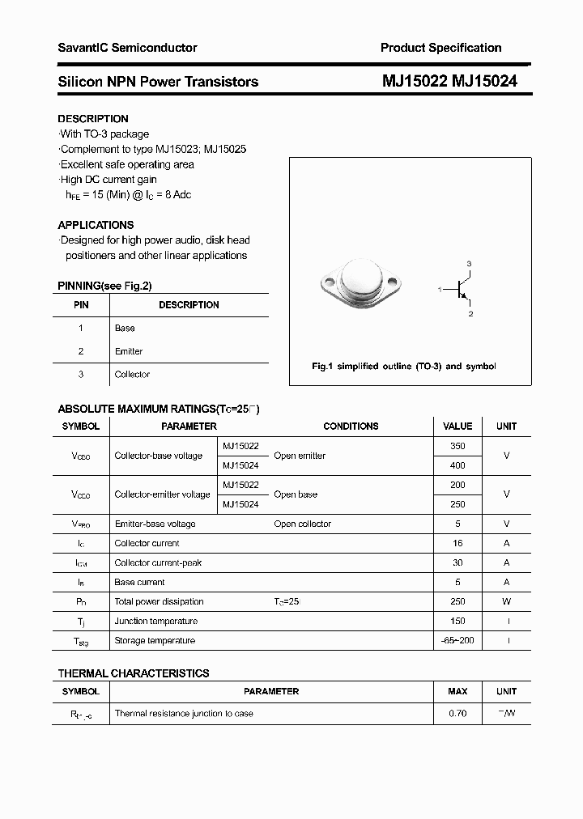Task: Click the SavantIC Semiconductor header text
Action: pos(127,48)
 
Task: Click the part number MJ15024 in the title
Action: pos(484,82)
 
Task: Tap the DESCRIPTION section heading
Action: pos(93,119)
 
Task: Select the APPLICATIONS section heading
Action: pos(96,225)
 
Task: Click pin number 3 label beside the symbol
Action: pos(469,265)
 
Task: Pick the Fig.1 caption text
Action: pos(404,367)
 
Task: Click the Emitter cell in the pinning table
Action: pos(129,351)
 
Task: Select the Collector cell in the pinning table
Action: pos(132,375)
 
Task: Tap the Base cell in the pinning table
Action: pos(125,329)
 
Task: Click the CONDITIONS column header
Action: pos(351,426)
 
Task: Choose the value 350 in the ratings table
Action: pos(457,446)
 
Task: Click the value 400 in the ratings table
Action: pos(457,465)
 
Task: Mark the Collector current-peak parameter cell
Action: pos(158,562)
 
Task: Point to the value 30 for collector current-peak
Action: pos(457,562)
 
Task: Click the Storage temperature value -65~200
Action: pos(457,640)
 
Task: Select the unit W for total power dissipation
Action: pos(506,601)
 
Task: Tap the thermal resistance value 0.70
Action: pos(457,714)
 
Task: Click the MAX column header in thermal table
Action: pos(457,692)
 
